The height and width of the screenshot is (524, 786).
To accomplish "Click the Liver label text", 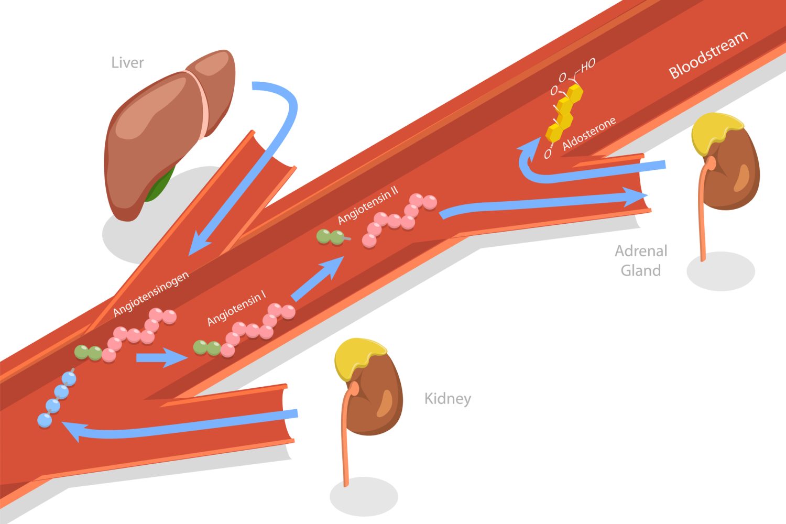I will click(127, 63).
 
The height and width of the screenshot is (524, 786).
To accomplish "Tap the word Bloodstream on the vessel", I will click(708, 54).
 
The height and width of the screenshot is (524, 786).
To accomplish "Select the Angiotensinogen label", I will click(151, 294).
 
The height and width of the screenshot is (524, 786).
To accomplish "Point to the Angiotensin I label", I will click(236, 309).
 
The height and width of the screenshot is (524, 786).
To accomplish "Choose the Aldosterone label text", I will click(589, 134).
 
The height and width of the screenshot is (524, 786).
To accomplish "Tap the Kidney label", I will click(447, 399).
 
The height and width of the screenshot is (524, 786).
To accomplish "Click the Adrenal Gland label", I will click(641, 261).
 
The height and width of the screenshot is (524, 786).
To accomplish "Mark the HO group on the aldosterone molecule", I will click(587, 65).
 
